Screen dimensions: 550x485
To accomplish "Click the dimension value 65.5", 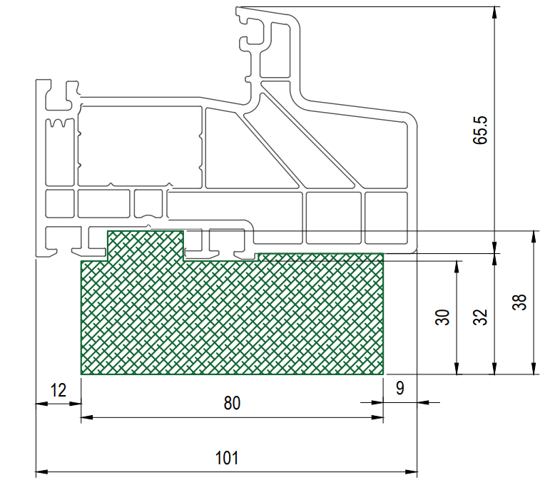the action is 481,130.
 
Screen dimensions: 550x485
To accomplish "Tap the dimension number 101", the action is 227,458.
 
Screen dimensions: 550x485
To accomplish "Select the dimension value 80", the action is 232,403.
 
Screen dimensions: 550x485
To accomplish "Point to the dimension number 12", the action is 58,390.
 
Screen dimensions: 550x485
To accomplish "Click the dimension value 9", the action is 400,388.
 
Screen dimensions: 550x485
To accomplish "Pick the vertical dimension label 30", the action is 443,317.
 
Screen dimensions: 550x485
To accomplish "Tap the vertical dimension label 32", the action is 481,317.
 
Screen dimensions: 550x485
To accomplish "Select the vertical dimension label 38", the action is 519,302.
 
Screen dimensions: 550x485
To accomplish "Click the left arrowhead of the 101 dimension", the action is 41,472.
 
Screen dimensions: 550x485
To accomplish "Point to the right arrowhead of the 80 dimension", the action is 377,417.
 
